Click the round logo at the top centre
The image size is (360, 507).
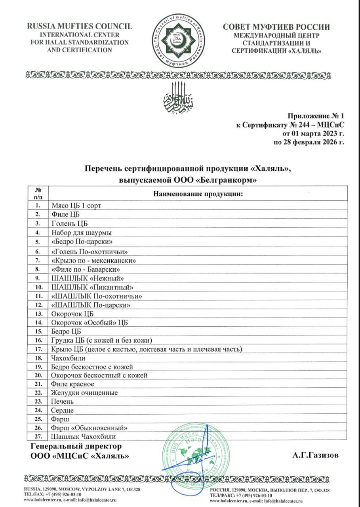tap(180, 40)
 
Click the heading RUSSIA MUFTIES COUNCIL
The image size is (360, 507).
tap(80, 27)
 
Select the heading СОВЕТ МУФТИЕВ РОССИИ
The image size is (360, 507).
tap(276, 27)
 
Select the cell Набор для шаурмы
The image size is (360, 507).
tap(81, 233)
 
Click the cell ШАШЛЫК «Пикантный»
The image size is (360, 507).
tap(92, 287)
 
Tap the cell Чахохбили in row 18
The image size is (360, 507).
tap(68, 358)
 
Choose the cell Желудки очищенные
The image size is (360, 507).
tap(84, 393)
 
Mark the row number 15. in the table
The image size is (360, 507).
tap(38, 331)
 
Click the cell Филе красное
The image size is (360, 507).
tap(72, 384)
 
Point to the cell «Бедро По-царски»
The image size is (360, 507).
tap(80, 242)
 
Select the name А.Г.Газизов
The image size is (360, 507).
tap(316, 455)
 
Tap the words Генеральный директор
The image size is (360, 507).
tap(76, 446)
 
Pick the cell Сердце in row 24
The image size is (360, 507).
tap(63, 410)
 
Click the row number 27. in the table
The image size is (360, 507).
tap(38, 437)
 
